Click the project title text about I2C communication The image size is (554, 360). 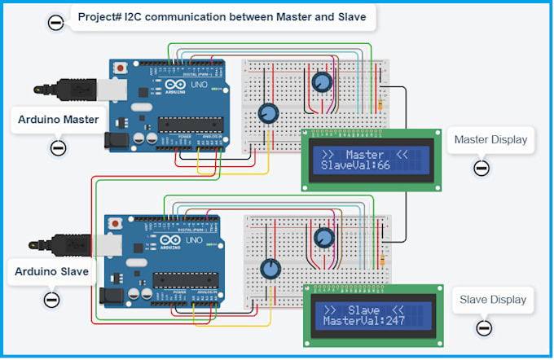(x=222, y=15)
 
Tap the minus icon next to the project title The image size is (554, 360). (x=55, y=23)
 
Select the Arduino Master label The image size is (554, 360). (x=58, y=120)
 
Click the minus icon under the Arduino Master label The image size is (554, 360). (x=58, y=148)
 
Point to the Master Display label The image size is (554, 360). (x=490, y=140)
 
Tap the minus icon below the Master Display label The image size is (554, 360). (x=481, y=169)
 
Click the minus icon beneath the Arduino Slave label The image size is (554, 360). (x=51, y=299)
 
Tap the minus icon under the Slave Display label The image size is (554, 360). (x=484, y=327)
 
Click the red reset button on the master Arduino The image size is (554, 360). (x=121, y=67)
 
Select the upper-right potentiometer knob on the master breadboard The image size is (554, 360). (x=322, y=81)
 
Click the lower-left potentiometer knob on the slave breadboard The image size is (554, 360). (x=269, y=269)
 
